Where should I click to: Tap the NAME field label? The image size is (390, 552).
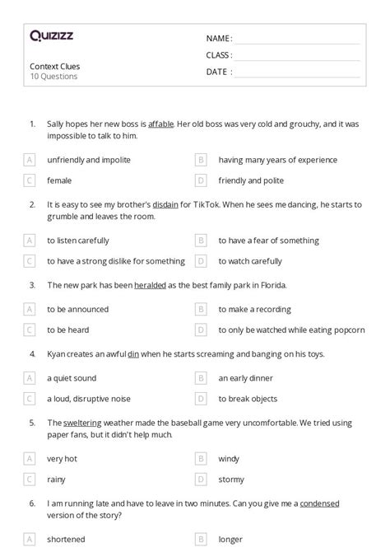point(219,39)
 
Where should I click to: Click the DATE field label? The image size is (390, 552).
point(217,72)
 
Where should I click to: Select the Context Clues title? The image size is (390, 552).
point(55,66)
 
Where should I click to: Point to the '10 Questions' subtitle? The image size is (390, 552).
point(53,77)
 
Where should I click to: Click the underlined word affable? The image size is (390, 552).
point(160,124)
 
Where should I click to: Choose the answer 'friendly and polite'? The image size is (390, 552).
point(251,179)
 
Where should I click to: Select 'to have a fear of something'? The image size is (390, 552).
point(268,241)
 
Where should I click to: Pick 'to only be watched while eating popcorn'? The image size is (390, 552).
point(291,330)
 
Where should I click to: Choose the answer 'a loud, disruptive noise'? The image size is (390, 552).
point(89,399)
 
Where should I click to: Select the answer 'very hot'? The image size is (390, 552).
point(62,458)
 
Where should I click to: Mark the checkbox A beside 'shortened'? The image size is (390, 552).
point(30,540)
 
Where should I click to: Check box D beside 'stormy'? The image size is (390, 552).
point(201,479)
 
